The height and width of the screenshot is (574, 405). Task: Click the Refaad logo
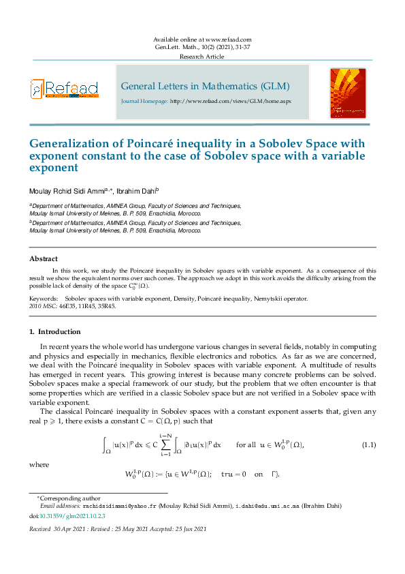(x=64, y=89)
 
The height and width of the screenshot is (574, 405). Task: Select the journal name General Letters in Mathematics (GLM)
(x=205, y=87)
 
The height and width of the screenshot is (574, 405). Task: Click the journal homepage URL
(x=230, y=101)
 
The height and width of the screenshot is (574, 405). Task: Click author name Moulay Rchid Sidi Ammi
(x=67, y=192)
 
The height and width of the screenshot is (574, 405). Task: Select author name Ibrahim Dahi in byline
(x=138, y=192)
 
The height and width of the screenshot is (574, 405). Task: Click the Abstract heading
(x=43, y=259)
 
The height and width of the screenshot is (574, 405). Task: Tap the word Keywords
(x=43, y=299)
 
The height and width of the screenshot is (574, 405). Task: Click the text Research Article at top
(x=201, y=57)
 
